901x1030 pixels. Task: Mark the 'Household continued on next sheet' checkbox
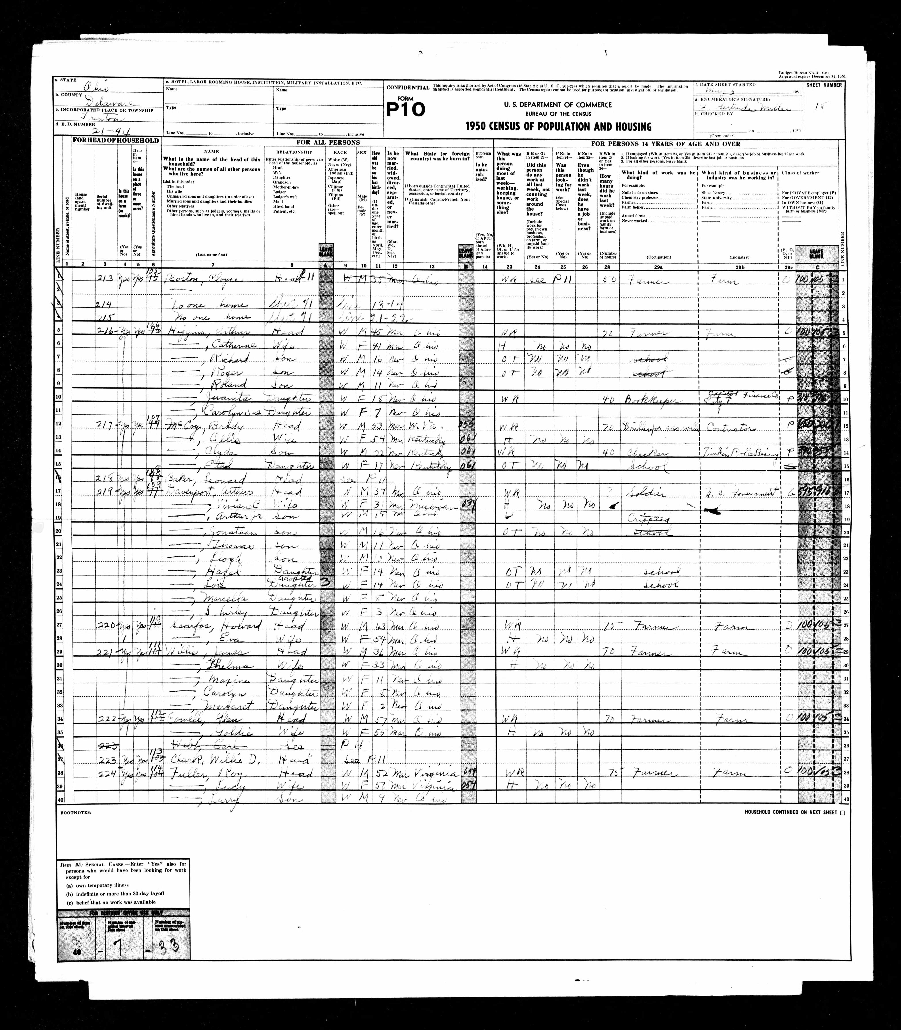[x=843, y=812]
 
